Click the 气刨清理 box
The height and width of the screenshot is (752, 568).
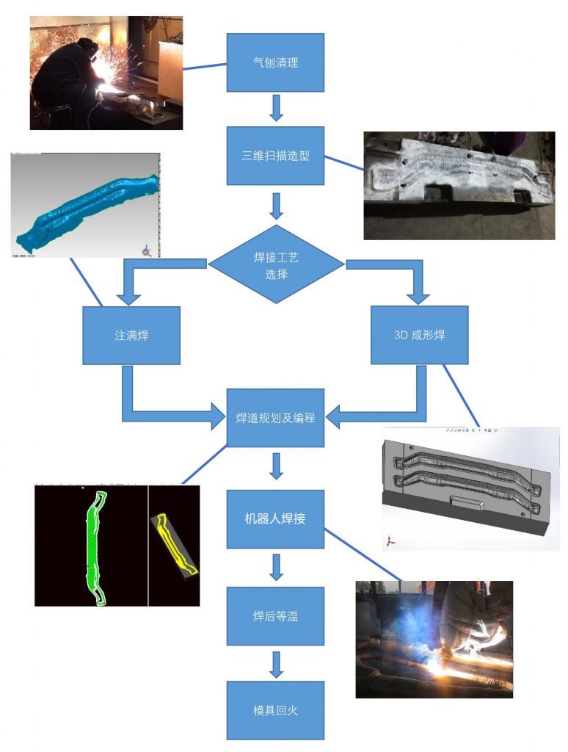(275, 62)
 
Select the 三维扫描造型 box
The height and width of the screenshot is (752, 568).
(275, 156)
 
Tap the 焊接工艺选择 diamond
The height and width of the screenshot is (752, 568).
(277, 266)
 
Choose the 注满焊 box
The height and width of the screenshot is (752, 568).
(131, 335)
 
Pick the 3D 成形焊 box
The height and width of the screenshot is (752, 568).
(419, 335)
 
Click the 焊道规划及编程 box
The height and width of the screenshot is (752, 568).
(275, 417)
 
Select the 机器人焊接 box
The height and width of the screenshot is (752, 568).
(275, 518)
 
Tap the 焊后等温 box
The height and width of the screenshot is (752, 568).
(275, 615)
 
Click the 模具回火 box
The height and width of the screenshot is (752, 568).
(275, 710)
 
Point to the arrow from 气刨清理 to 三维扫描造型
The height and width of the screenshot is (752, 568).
(276, 108)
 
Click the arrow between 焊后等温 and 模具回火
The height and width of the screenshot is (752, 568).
(276, 663)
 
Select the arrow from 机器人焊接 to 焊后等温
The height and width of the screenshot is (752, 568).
(276, 567)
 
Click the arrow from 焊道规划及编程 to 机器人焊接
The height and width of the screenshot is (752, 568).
(276, 466)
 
